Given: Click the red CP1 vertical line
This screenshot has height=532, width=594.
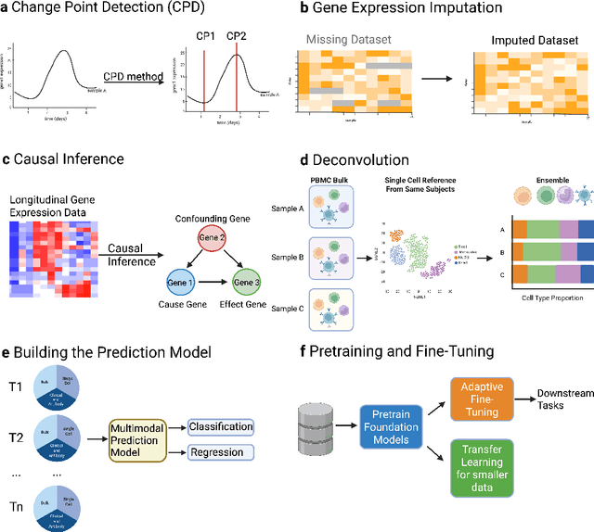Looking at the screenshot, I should [202, 79].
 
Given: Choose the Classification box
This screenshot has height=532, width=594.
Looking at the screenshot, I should [221, 400].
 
